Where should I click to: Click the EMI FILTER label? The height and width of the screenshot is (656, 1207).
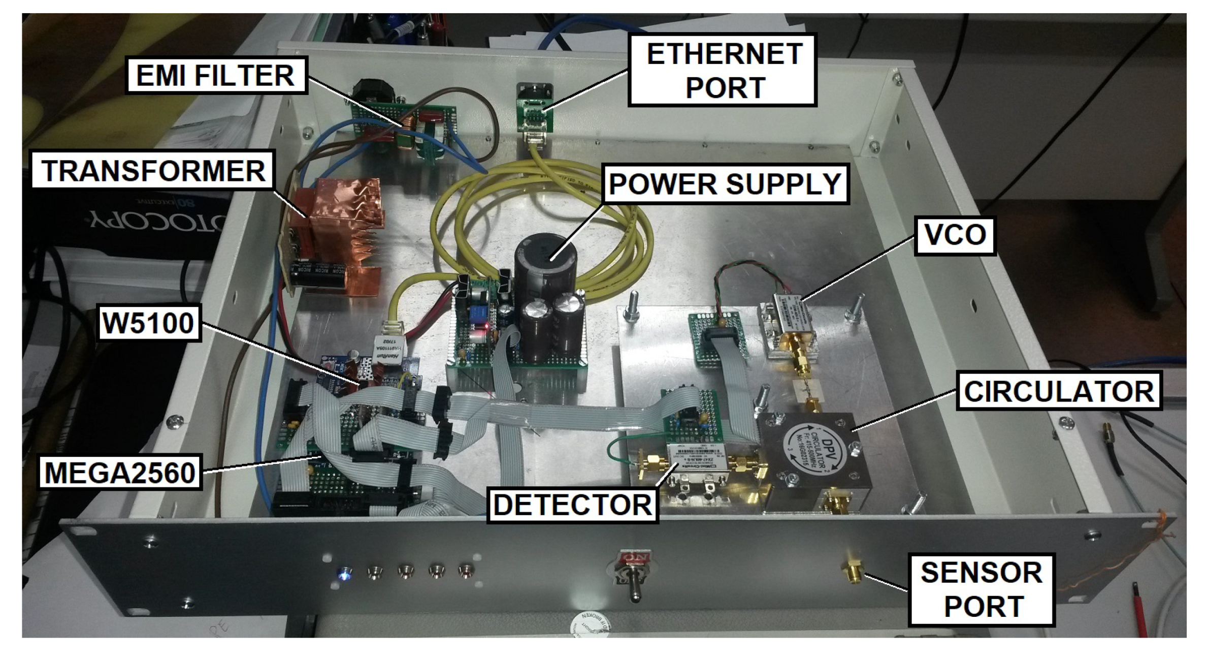click(216, 75)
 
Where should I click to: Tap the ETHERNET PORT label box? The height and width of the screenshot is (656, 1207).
click(723, 70)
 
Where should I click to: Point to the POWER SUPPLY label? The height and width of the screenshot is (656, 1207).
click(725, 183)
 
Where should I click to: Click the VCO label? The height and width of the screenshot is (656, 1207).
click(955, 235)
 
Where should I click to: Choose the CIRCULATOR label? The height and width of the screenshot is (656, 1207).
click(1059, 391)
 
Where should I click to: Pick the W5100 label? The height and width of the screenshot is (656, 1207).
click(148, 323)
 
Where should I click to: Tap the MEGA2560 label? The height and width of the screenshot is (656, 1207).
click(120, 473)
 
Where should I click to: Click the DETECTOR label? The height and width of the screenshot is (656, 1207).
click(573, 505)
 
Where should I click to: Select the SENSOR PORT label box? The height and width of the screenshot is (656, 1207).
click(982, 589)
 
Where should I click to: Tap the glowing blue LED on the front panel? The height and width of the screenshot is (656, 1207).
click(346, 573)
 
